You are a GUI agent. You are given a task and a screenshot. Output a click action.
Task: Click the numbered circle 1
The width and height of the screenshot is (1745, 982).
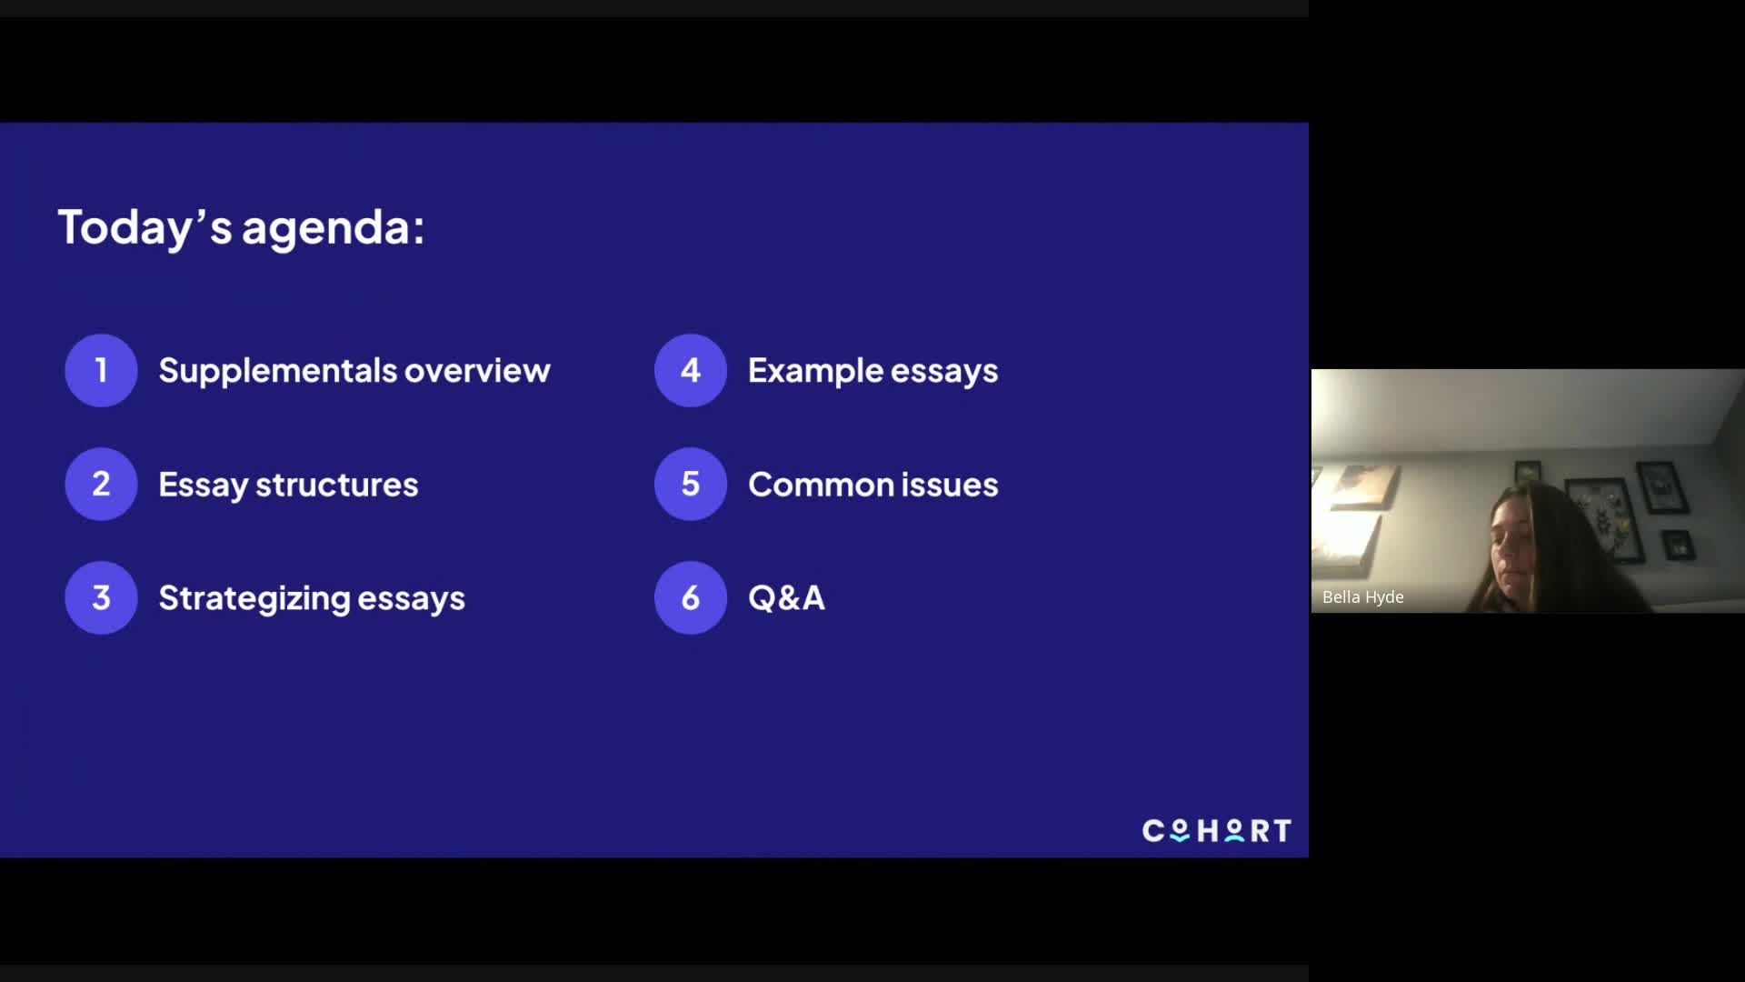(101, 370)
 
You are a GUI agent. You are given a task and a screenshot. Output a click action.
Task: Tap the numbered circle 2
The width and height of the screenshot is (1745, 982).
(101, 484)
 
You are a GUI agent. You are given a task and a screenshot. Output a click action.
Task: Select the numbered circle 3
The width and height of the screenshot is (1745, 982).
(101, 597)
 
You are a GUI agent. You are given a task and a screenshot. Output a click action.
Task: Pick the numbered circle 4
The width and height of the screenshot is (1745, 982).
(691, 370)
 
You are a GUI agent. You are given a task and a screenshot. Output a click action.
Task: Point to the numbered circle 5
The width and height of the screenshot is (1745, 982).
(691, 484)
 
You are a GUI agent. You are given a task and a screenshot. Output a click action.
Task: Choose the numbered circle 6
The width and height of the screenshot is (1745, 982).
(691, 597)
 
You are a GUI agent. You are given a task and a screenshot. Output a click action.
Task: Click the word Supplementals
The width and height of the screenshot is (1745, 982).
(278, 371)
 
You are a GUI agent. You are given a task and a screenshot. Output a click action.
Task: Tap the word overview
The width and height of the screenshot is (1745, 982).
(477, 371)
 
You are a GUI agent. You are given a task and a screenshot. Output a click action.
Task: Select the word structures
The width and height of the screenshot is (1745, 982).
(336, 485)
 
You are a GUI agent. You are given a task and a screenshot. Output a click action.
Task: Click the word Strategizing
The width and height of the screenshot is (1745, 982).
(254, 599)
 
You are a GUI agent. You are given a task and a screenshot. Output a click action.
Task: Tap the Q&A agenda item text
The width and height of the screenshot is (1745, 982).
(786, 598)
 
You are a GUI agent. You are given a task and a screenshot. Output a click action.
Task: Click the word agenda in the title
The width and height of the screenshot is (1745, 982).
(333, 228)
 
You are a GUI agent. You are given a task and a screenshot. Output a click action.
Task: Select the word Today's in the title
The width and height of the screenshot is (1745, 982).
(145, 227)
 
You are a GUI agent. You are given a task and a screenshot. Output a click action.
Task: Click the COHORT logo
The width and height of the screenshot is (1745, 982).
(1216, 830)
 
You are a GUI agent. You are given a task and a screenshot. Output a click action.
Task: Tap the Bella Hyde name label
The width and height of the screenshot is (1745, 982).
(1363, 597)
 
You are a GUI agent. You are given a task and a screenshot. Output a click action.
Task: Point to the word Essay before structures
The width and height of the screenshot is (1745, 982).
(203, 485)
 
